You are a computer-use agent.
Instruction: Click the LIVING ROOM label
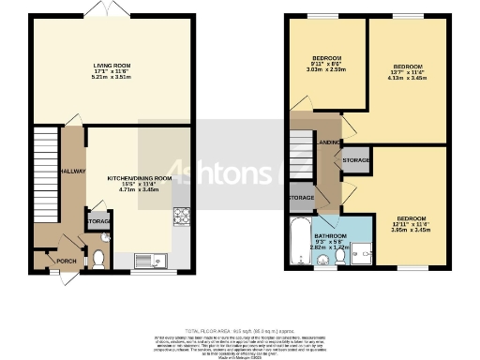[111, 66]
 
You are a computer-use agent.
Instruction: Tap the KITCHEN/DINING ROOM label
[139, 177]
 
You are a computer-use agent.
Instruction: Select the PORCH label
[67, 261]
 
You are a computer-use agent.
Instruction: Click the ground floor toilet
[98, 258]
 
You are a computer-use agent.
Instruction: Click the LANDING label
[329, 142]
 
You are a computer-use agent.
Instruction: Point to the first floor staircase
[301, 155]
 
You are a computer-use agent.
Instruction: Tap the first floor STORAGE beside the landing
[357, 160]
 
